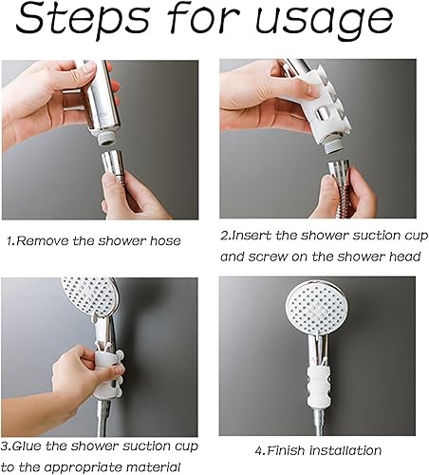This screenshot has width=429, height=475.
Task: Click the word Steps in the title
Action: coord(83,20)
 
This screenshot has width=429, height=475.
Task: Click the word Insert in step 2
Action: coord(252,236)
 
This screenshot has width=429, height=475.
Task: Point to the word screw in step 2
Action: coord(268,256)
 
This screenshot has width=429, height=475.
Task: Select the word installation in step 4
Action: coord(345,450)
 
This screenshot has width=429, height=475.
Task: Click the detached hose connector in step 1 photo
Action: coord(113,166)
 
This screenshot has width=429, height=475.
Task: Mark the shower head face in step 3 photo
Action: coord(88,296)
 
